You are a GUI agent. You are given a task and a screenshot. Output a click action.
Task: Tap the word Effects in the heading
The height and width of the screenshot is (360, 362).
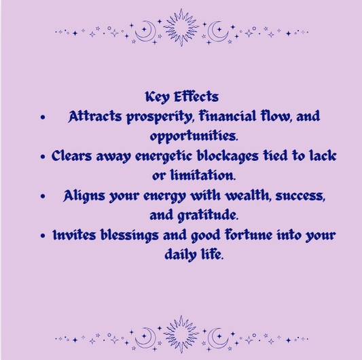(197, 96)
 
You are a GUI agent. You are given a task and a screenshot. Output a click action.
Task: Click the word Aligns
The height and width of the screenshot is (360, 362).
(84, 196)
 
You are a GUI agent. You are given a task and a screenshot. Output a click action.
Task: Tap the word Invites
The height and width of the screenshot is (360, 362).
(75, 236)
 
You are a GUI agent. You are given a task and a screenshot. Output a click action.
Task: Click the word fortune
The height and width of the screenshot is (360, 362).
(251, 236)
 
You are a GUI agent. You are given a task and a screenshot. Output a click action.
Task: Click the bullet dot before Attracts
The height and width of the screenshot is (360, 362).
(43, 118)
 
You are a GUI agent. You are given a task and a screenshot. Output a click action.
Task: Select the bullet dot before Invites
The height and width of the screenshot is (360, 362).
(43, 236)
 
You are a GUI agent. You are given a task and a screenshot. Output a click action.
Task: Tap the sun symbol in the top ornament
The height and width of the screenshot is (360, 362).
(180, 28)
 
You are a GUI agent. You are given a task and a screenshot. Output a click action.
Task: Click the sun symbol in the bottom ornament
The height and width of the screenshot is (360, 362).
(180, 334)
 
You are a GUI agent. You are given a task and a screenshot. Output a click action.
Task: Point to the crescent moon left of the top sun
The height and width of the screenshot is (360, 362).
(145, 30)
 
